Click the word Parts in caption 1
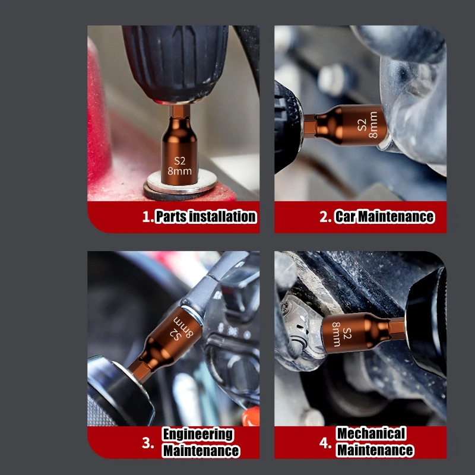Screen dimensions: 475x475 point(170,217)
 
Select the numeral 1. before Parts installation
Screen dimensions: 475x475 point(148,217)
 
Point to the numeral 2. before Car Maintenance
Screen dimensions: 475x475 point(325,217)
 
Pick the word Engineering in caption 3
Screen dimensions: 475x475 point(198,435)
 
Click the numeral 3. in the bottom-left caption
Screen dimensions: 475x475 point(148,443)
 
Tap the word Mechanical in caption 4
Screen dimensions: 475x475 point(371,433)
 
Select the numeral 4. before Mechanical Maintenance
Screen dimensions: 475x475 point(325,443)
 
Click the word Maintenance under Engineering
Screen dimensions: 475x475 point(201,451)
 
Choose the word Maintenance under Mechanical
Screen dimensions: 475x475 point(375,450)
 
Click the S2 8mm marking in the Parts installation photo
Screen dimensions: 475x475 point(180,166)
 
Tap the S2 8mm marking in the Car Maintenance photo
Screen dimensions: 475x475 point(368,125)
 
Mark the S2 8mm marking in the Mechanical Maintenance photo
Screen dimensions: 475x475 point(341,334)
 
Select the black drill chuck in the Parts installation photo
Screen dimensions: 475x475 point(176,64)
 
